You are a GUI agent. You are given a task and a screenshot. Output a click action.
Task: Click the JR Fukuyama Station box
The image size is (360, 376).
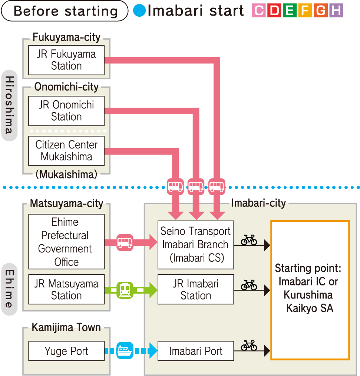point(66,60)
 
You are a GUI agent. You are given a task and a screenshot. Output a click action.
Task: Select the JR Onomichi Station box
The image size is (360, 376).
point(66,111)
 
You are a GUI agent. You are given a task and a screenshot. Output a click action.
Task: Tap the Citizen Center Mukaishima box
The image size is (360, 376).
point(66,151)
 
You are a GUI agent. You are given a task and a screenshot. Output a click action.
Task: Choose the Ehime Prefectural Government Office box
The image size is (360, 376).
point(66,242)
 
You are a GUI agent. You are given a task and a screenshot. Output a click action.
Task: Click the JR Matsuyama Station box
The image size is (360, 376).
point(66,290)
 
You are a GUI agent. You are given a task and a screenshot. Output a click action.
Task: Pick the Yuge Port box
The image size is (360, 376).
point(66,351)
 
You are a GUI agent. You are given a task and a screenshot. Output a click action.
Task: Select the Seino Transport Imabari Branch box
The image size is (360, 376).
point(196,245)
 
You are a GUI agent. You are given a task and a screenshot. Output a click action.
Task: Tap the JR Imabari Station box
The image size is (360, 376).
point(196,290)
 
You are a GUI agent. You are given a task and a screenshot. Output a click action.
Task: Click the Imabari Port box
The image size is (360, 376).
point(196,351)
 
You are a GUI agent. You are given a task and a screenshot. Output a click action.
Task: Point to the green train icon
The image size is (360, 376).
point(125,290)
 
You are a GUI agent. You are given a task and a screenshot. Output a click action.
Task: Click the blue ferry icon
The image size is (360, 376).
point(125,351)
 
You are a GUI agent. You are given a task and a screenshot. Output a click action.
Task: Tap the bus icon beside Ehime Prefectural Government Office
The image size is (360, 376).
point(125,242)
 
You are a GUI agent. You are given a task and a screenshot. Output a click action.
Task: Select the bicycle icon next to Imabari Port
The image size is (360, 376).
point(249,346)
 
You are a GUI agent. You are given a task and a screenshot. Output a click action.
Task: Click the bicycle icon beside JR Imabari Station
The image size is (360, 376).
point(249,285)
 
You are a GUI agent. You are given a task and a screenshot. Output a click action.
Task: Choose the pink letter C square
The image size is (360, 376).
point(259,10)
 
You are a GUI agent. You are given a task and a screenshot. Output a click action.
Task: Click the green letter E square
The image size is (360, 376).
point(290,10)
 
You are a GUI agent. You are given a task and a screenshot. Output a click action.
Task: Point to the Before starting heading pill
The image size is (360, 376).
point(65,11)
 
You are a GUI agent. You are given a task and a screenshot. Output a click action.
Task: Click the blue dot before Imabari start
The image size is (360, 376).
point(139,11)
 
